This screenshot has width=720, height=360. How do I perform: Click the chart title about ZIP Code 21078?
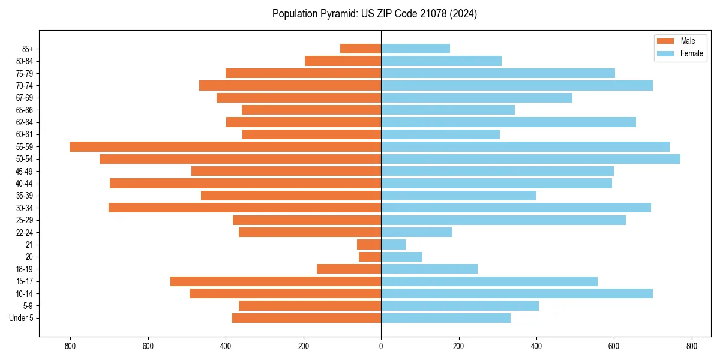[374, 14]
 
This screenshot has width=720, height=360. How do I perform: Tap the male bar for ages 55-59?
[225, 146]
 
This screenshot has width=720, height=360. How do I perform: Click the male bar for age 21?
[369, 244]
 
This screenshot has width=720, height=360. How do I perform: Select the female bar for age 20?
[401, 257]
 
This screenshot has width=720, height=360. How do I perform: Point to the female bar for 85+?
[415, 49]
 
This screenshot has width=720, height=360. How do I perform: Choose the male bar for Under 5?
[307, 318]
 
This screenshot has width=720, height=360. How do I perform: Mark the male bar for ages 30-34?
[245, 208]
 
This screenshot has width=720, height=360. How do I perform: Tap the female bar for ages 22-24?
[416, 232]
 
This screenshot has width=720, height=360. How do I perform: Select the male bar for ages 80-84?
[343, 61]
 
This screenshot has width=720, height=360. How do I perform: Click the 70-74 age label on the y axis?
[25, 85]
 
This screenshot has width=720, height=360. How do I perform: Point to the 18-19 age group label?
[25, 269]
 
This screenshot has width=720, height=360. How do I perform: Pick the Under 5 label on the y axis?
[21, 318]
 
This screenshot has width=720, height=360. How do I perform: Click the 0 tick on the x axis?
[381, 346]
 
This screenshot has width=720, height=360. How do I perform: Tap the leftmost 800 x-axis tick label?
[70, 346]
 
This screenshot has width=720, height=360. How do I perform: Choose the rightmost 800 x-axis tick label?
[691, 346]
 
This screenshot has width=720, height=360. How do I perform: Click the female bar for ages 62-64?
[508, 122]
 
